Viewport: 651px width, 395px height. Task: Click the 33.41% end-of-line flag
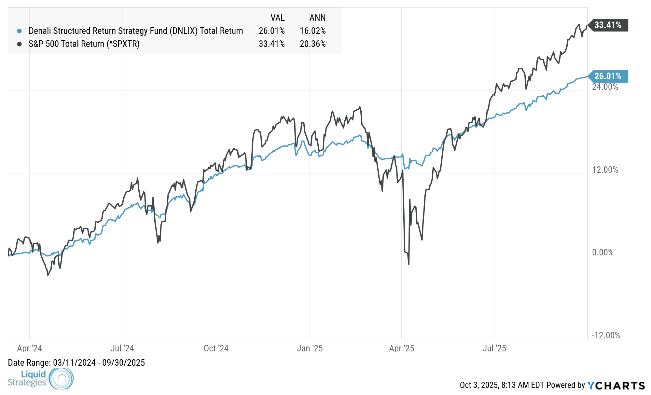tap(608, 25)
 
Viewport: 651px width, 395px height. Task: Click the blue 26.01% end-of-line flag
tap(608, 76)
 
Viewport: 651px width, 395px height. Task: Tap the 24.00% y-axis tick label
tap(605, 87)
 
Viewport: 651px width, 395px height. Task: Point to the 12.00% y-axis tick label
tap(605, 170)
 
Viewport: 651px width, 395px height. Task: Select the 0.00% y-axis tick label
tap(603, 252)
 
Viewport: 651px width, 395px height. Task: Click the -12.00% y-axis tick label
tap(606, 335)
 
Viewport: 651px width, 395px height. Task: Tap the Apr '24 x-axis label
tap(30, 348)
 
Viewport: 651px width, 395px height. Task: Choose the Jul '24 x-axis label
tap(122, 348)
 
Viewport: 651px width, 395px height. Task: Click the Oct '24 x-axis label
tap(216, 348)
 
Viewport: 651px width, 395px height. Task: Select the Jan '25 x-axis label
tap(310, 348)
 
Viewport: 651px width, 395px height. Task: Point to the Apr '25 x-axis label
tap(402, 348)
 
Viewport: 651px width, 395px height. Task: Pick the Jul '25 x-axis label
tap(494, 348)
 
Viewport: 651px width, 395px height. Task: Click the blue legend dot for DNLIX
tap(20, 31)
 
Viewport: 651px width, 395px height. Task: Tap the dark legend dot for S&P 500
tap(20, 44)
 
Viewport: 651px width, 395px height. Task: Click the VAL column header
tap(278, 18)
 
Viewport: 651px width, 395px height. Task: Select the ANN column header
tap(317, 18)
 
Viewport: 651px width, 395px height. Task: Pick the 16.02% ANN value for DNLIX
tap(312, 31)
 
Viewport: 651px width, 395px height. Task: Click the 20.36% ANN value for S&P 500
tap(312, 44)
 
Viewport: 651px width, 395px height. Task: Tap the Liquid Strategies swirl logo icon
tap(61, 378)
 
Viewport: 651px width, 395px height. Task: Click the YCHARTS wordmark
tap(616, 386)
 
